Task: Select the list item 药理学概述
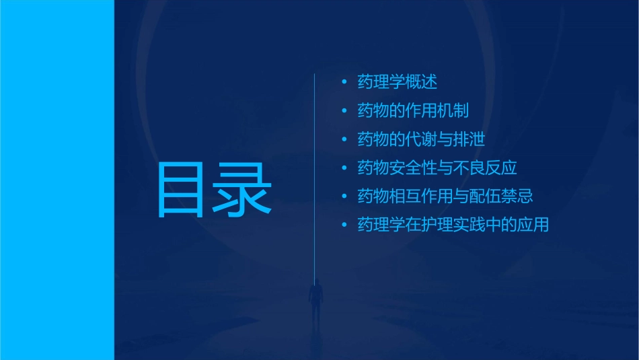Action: coord(397,82)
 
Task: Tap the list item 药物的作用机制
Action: coord(413,110)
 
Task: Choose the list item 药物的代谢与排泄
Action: coord(421,139)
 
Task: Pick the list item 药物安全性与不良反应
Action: coord(437,168)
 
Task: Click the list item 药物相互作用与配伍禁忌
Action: coord(445,196)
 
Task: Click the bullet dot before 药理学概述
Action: coord(344,83)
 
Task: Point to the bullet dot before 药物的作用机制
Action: coord(344,111)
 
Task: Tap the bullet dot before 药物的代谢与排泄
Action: coord(344,140)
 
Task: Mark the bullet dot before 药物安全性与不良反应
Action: coord(344,168)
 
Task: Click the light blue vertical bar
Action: coord(57,180)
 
